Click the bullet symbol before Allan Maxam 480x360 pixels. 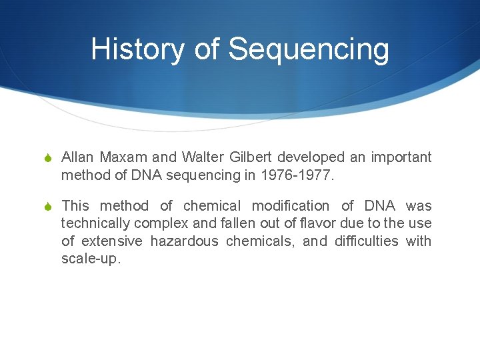click(47, 158)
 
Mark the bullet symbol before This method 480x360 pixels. click(47, 207)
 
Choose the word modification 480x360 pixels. click(290, 206)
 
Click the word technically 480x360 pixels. click(94, 223)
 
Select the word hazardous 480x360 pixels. click(184, 241)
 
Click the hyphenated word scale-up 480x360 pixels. click(91, 259)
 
